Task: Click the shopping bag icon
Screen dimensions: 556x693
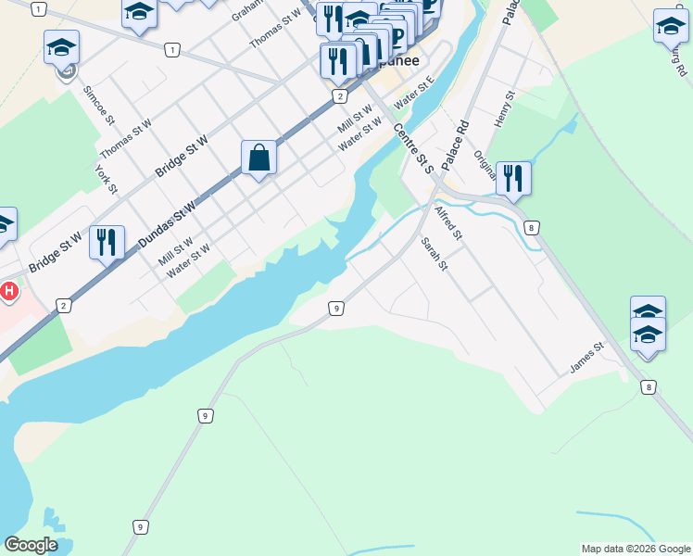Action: point(258,158)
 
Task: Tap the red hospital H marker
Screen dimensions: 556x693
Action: point(9,291)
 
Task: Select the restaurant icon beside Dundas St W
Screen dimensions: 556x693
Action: point(107,243)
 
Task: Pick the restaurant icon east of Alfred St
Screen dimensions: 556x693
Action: point(512,178)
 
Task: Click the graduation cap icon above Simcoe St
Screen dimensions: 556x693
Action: point(62,47)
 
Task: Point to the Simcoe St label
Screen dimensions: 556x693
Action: point(98,107)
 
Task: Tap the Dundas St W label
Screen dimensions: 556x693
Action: point(168,224)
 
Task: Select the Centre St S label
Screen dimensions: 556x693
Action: point(413,148)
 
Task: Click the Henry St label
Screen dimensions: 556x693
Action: point(504,109)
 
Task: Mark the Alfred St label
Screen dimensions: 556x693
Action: point(447,221)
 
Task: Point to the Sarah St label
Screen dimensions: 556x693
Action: point(434,254)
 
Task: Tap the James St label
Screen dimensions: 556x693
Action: point(586,359)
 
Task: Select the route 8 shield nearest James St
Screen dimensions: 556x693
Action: point(648,387)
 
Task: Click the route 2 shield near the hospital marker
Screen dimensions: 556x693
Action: point(63,306)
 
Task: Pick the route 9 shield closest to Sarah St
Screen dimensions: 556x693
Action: point(336,308)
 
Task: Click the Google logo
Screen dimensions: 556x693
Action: point(31,545)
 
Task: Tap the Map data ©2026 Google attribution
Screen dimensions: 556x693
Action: point(635,549)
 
